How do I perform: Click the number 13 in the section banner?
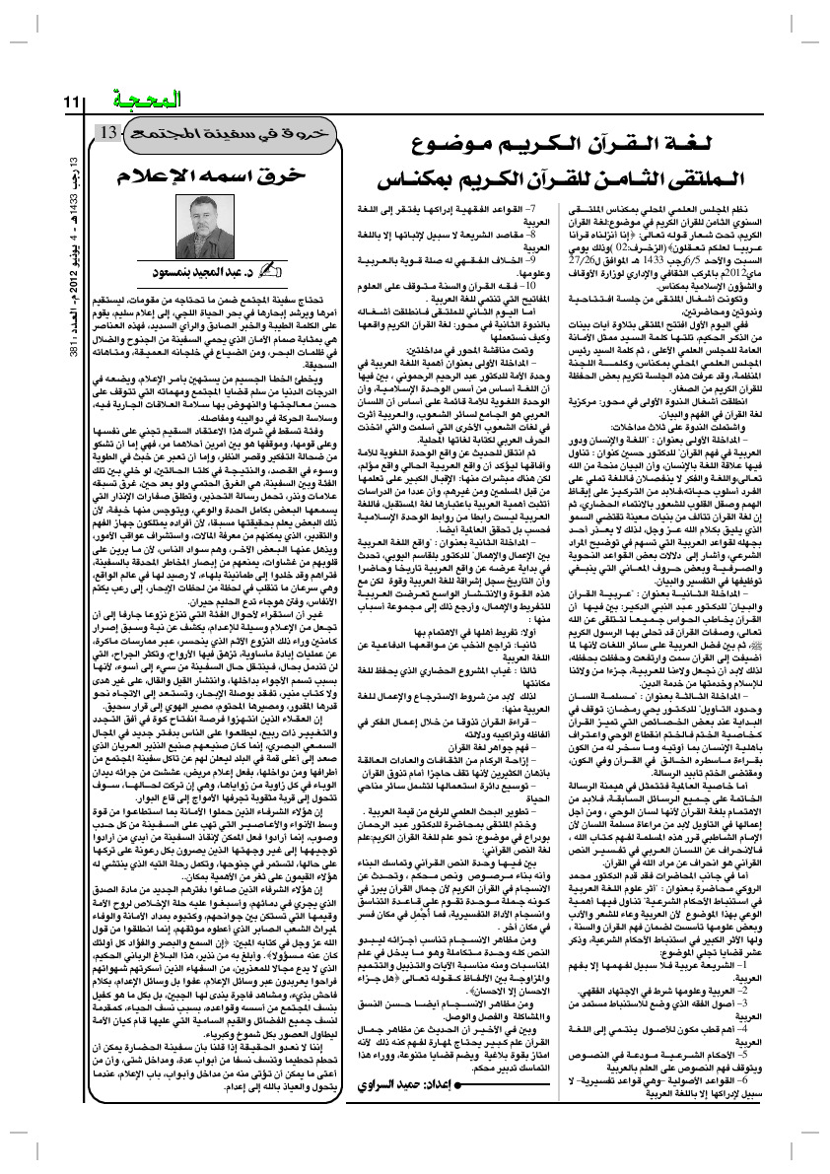[x=110, y=132]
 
